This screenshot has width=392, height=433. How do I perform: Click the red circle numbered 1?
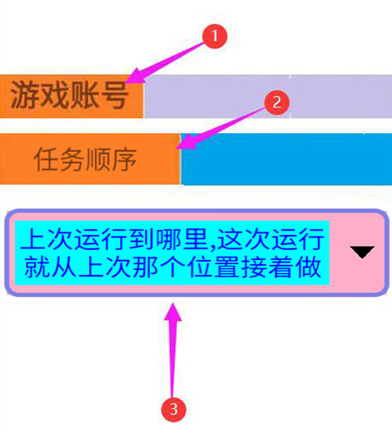(x=215, y=36)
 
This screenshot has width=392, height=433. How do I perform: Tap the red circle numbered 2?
(x=276, y=102)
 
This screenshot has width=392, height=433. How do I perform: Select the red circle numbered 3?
(x=174, y=409)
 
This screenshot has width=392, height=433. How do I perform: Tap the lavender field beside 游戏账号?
(x=268, y=97)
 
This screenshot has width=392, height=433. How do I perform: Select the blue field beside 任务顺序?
(x=286, y=159)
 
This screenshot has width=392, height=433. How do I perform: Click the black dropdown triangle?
(x=362, y=251)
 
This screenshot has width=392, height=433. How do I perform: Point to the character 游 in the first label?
(x=25, y=95)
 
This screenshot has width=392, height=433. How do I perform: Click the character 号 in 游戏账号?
(x=114, y=95)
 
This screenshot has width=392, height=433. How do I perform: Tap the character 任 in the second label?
(x=46, y=159)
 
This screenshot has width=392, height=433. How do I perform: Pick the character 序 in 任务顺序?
(x=125, y=159)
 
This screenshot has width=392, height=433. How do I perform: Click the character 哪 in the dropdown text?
(x=169, y=239)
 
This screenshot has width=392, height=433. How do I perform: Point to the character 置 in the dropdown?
(x=227, y=266)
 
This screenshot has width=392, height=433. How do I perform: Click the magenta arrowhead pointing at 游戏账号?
(x=135, y=76)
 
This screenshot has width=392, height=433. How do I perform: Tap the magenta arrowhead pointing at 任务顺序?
(x=186, y=142)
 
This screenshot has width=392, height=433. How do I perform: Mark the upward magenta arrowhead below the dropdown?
(x=173, y=312)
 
